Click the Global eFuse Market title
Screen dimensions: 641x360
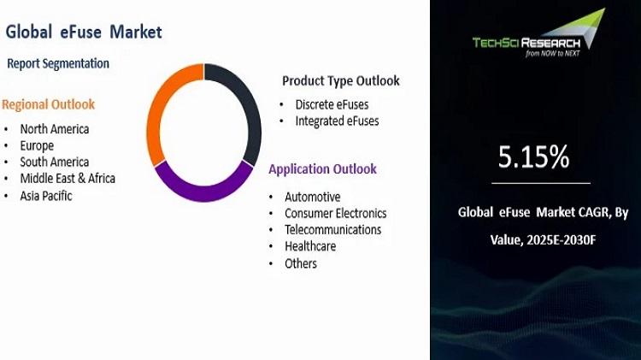[x=84, y=32]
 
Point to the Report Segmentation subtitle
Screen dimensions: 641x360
[x=58, y=63]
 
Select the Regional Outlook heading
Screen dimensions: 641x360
[x=48, y=104]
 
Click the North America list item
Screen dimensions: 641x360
[x=55, y=129]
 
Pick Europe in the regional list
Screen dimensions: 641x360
[x=37, y=146]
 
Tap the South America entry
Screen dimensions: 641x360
[x=55, y=162]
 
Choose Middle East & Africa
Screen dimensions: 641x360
[x=68, y=179]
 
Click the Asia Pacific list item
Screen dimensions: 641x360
[x=46, y=196]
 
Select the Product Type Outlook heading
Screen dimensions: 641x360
[x=341, y=81]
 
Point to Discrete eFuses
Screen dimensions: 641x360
[x=332, y=104]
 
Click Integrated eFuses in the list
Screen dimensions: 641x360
[x=338, y=121]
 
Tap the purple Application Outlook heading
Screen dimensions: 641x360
[x=322, y=169]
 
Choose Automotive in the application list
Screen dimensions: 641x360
[x=313, y=198]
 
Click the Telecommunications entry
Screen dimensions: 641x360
[x=333, y=230]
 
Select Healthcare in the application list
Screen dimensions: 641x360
[x=310, y=246]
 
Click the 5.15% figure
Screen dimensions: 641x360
[x=533, y=156]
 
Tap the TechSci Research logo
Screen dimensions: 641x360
[x=538, y=33]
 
